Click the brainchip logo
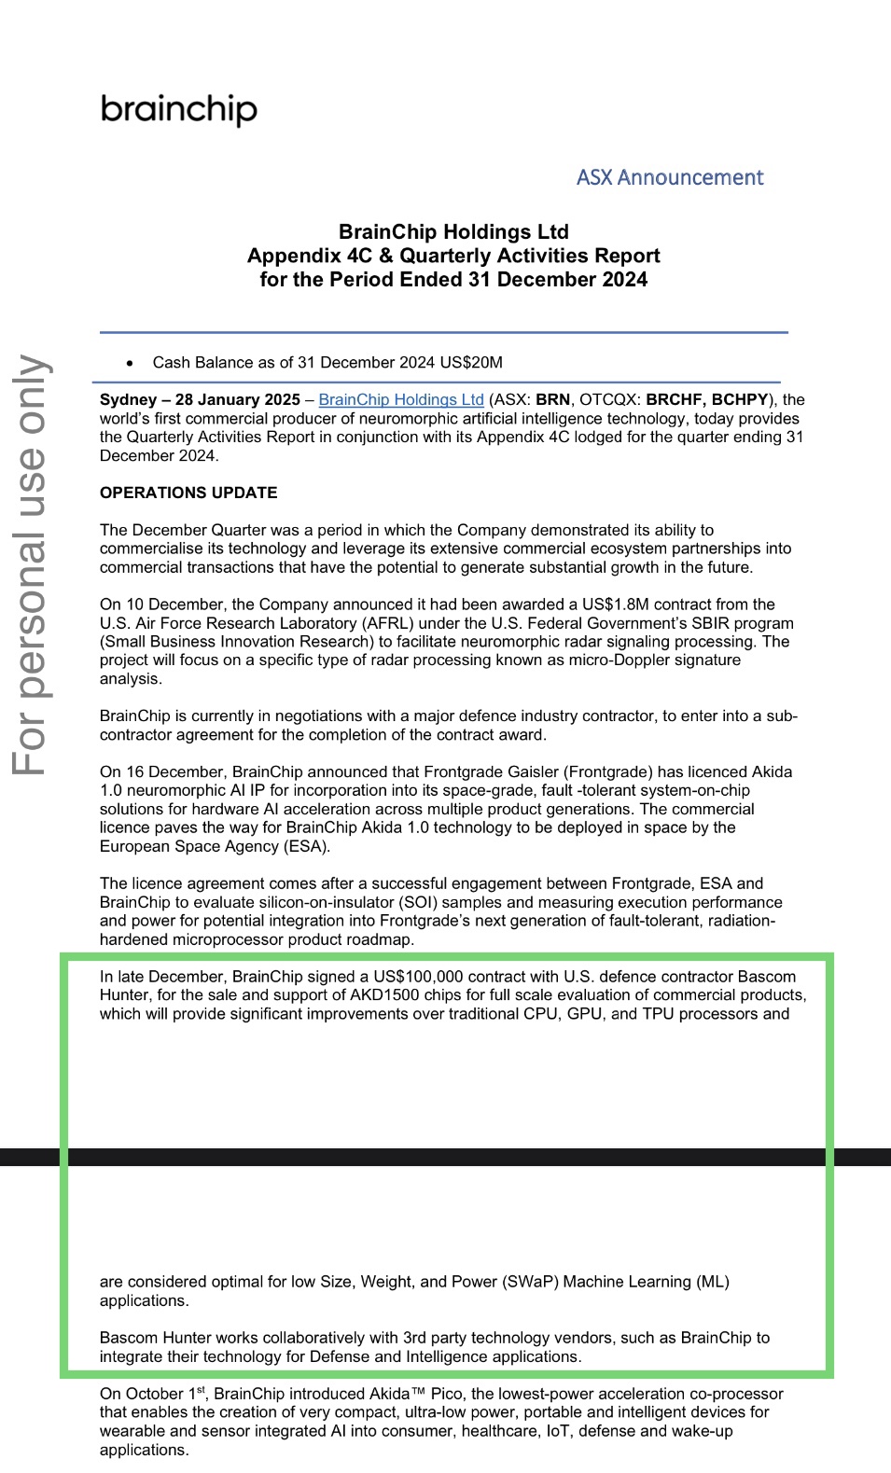click(178, 109)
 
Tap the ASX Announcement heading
click(669, 177)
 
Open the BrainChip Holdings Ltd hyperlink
click(401, 399)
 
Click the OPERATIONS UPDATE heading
click(188, 493)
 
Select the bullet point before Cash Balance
click(131, 363)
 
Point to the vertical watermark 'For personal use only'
click(30, 564)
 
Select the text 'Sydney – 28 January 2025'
click(200, 399)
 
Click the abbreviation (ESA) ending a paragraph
click(305, 846)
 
